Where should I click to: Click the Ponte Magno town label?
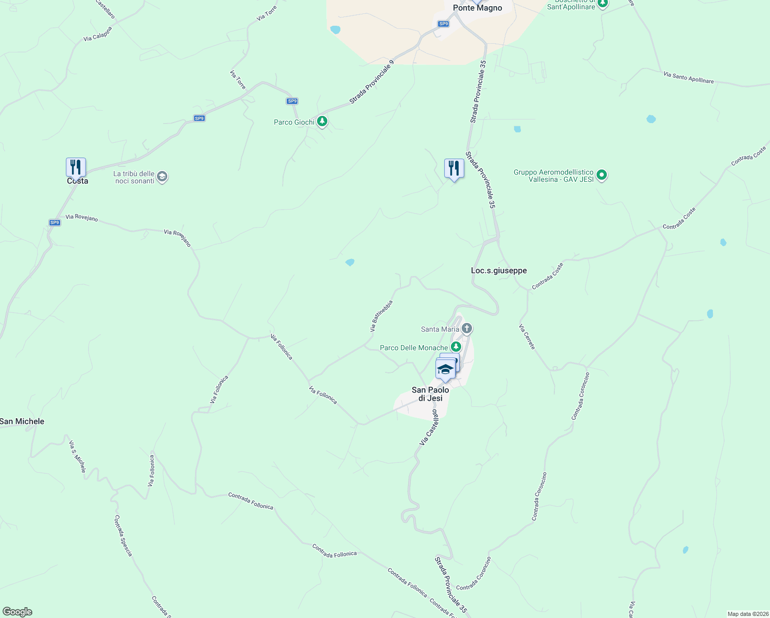477,8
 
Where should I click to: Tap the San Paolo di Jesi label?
430,394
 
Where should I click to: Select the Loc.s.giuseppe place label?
499,270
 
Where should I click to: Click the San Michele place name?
22,421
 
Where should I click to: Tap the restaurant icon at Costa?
76,167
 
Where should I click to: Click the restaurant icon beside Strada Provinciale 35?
454,168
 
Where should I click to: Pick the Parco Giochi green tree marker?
322,122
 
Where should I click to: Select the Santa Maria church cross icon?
467,328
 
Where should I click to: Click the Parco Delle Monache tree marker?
456,347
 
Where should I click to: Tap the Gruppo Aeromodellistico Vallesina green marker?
602,175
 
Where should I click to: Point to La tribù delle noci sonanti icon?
162,177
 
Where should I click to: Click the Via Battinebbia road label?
381,316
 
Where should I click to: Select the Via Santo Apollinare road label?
688,78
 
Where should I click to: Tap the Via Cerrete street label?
527,337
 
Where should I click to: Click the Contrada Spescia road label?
123,536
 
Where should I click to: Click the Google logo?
17,612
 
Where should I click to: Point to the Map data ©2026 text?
747,614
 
